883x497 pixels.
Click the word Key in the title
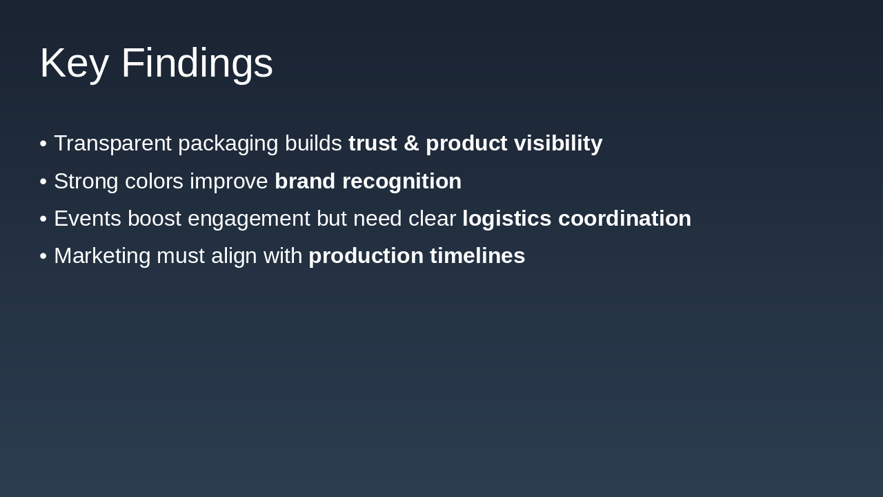pos(74,63)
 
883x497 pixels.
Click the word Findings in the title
pos(197,63)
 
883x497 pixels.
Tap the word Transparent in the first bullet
pos(112,144)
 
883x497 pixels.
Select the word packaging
pos(228,144)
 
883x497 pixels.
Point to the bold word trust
pos(373,144)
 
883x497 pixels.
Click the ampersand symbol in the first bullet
pos(411,144)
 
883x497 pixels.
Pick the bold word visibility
pos(557,144)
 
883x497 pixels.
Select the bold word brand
pos(305,182)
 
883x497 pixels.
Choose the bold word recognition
pos(401,182)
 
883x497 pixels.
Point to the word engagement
pos(248,219)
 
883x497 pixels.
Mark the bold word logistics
pos(506,219)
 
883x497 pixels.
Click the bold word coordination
pos(624,219)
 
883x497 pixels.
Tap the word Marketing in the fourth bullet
pos(102,256)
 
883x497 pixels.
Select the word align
pos(234,256)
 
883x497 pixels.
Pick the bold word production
pos(366,256)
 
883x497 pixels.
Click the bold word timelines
pos(477,256)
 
